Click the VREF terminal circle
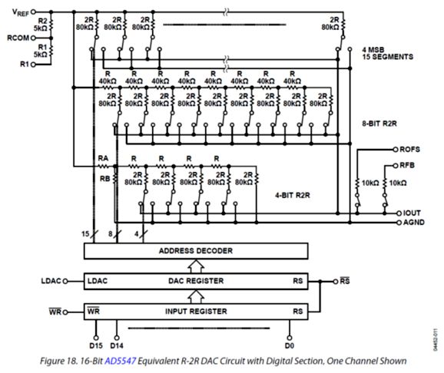(x=33, y=12)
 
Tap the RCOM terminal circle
(x=33, y=38)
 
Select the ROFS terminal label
(x=409, y=150)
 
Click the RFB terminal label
(x=407, y=166)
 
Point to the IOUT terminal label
(x=412, y=213)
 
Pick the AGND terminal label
(x=414, y=222)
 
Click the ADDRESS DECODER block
(x=196, y=251)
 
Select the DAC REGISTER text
(x=196, y=281)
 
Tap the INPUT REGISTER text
(x=196, y=312)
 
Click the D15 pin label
(x=96, y=345)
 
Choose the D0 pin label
(x=290, y=345)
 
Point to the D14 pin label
(x=117, y=345)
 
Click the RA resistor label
(x=103, y=158)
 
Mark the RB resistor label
(x=104, y=179)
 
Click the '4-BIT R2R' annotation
(x=293, y=195)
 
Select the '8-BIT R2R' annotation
(x=379, y=124)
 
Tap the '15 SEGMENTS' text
(x=388, y=57)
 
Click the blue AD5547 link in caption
(x=121, y=361)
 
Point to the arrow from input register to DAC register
(x=196, y=296)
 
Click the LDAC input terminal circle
(x=65, y=282)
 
